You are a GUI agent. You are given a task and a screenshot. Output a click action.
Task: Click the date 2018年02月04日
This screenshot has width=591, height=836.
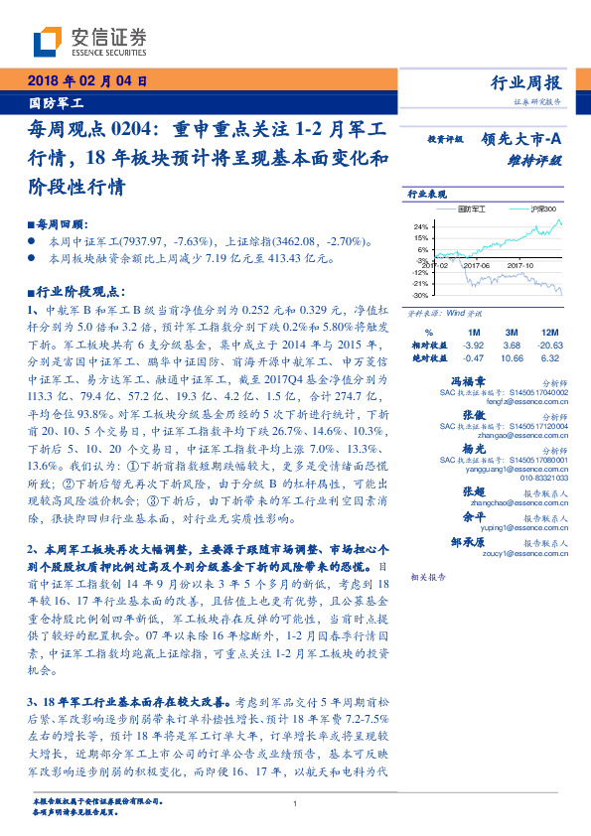click(86, 81)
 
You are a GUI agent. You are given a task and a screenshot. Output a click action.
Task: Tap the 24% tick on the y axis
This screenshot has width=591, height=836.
click(420, 226)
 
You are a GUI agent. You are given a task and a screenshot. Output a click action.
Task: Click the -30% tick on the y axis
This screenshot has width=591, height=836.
click(419, 296)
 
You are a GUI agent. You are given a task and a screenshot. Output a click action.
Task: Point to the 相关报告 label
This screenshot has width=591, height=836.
click(426, 577)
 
